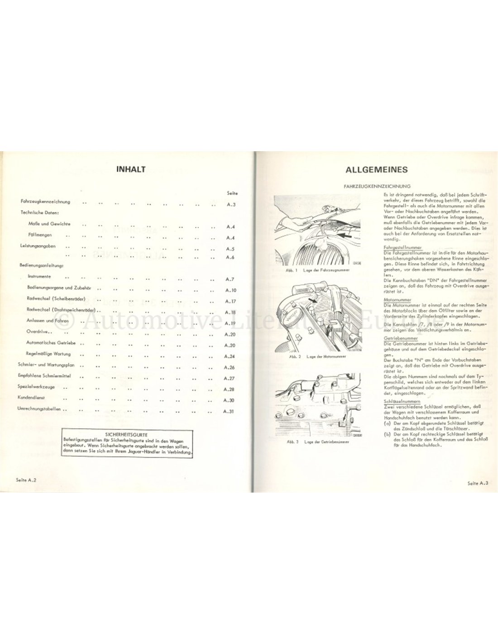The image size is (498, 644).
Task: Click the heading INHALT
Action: point(130,169)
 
